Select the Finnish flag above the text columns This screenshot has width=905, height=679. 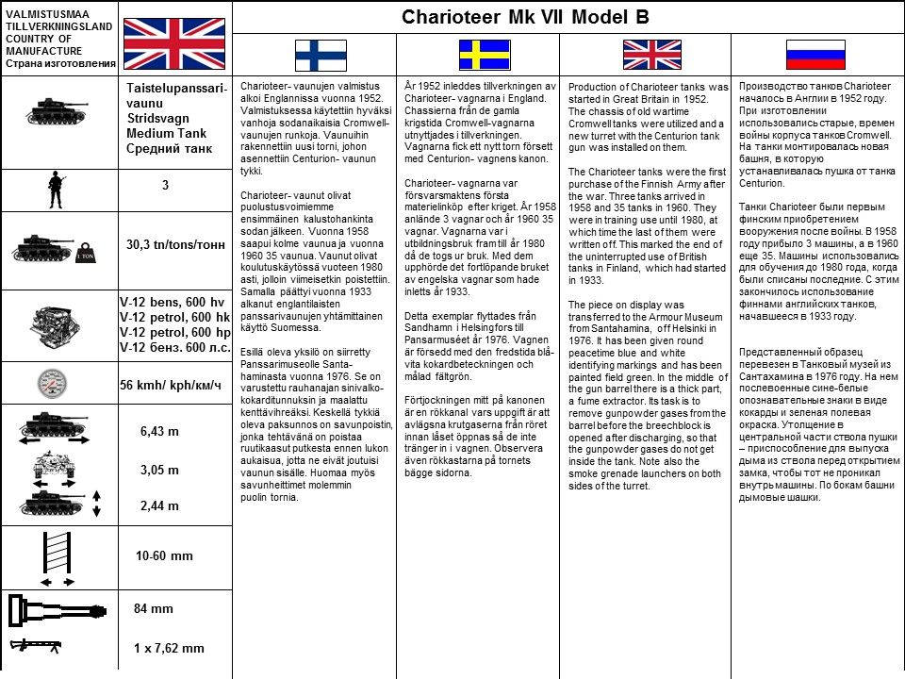click(321, 56)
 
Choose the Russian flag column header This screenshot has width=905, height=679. click(815, 56)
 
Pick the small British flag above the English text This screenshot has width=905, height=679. click(649, 56)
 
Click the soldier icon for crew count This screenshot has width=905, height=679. click(56, 190)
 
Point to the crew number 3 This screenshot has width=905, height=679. click(165, 186)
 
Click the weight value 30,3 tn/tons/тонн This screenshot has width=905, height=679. click(175, 244)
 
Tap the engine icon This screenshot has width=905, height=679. click(58, 323)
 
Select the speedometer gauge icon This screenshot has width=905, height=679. click(55, 386)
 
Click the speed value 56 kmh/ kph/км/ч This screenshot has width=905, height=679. click(171, 386)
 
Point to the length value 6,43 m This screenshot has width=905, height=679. click(159, 431)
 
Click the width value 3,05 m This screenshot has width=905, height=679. click(159, 470)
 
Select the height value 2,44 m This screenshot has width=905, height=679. click(159, 505)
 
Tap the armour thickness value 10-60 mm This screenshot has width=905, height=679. click(164, 555)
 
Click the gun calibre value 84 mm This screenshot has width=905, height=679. click(153, 608)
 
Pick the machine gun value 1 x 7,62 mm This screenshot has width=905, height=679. click(170, 648)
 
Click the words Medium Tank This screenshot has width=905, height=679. click(166, 133)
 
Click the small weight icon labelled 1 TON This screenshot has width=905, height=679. click(86, 255)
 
